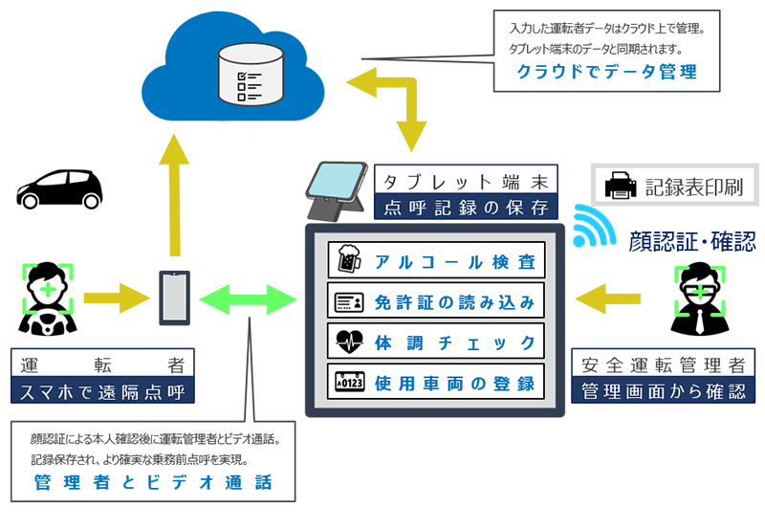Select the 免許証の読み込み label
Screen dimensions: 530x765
coord(452,302)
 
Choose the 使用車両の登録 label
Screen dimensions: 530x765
coord(452,383)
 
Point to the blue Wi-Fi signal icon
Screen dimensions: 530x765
coord(593,227)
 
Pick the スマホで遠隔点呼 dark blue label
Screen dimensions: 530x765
coord(102,391)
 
